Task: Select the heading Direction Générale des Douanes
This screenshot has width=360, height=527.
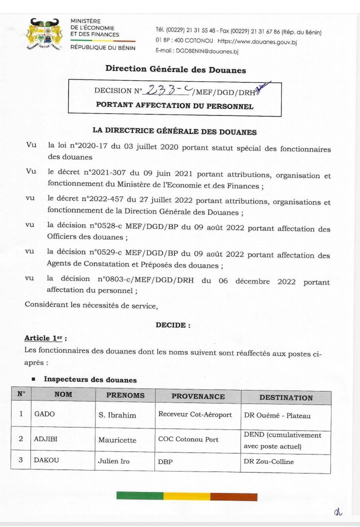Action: [x=175, y=69]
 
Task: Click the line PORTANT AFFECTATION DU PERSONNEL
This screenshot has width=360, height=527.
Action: [x=174, y=106]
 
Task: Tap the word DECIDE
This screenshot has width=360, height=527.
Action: [x=173, y=325]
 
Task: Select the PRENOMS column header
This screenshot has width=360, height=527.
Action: [x=125, y=395]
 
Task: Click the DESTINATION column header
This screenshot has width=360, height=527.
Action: [x=286, y=398]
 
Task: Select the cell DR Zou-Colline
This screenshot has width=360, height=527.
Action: [x=268, y=461]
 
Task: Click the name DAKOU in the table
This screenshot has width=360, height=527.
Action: [x=46, y=460]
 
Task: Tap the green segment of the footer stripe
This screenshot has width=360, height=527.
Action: [x=140, y=496]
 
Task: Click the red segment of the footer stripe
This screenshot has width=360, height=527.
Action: [x=233, y=496]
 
